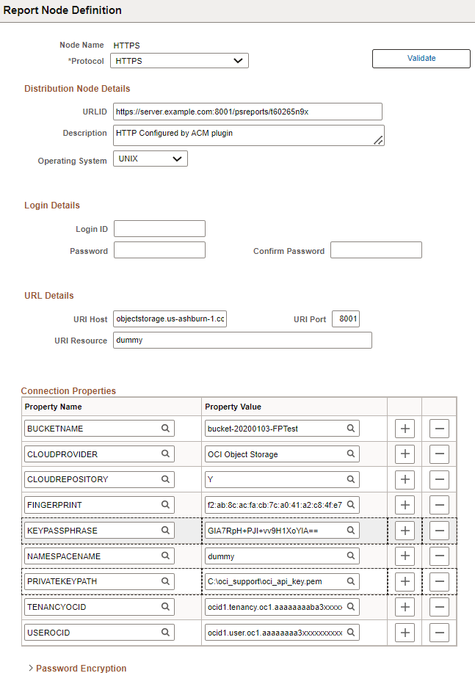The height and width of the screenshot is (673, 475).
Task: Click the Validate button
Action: coord(421,59)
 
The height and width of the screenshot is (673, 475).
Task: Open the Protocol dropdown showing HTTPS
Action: coord(179,61)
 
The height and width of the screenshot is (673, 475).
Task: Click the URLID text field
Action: coord(247,112)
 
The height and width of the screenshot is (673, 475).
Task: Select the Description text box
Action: coord(248,135)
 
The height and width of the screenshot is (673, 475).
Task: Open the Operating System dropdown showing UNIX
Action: coord(150,159)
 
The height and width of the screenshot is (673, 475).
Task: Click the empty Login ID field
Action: coord(159,229)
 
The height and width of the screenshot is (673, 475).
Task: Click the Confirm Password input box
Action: coord(376,250)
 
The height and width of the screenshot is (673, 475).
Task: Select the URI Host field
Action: coord(170,319)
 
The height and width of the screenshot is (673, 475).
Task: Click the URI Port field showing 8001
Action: coord(346,319)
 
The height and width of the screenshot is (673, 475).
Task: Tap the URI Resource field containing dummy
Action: coord(242,341)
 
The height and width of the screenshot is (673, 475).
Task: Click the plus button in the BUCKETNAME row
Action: coord(405,429)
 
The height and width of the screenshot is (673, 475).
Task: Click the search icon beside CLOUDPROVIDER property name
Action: coord(166,454)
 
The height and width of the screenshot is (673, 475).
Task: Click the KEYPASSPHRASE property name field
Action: coord(92,531)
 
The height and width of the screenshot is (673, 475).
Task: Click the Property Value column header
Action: coord(233,407)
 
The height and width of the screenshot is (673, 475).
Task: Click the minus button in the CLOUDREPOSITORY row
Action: coord(439,480)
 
